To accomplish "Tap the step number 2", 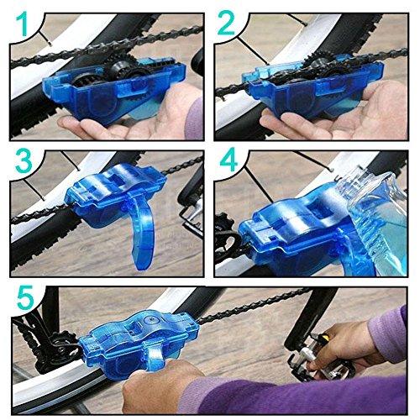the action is [x=226, y=24].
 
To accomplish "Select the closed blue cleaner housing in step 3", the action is [x=115, y=193].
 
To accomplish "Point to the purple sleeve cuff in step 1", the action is [x=194, y=119].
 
